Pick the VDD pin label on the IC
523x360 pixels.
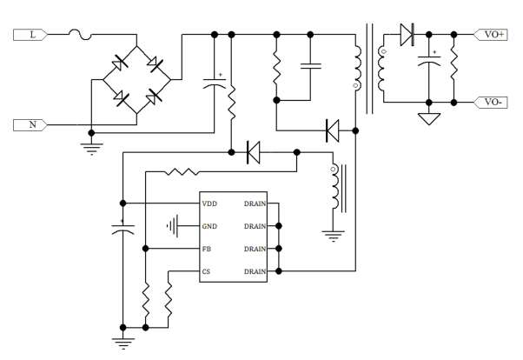pos(209,204)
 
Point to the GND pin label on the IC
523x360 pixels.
pos(209,227)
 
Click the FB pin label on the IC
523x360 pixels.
pos(207,250)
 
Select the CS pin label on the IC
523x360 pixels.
pos(207,271)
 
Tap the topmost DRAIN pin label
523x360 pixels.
pos(255,204)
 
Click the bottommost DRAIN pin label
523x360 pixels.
pos(255,271)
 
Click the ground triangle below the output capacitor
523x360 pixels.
pos(427,117)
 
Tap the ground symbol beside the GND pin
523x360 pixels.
pos(173,227)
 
